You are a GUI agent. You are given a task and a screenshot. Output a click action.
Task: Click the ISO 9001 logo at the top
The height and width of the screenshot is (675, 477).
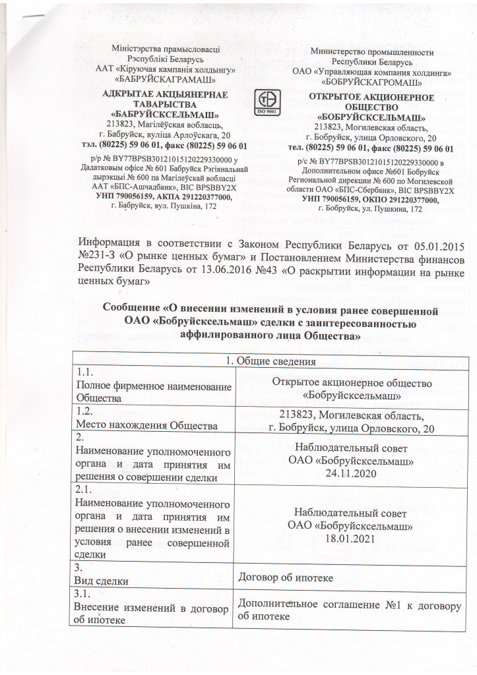(269, 104)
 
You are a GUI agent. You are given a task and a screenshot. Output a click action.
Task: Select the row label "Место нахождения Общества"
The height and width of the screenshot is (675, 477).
(147, 426)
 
